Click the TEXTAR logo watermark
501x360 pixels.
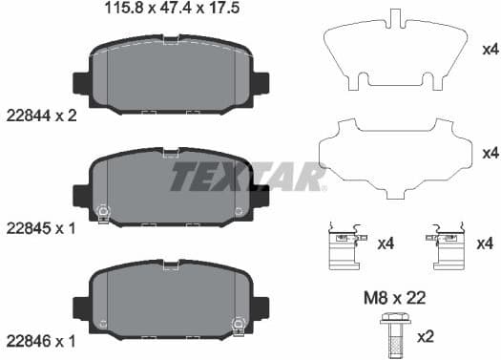click(248, 178)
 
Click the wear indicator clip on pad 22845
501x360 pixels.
click(104, 211)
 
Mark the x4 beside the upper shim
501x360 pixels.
click(490, 49)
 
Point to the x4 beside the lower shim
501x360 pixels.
click(490, 153)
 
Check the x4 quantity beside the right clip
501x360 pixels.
click(486, 244)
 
